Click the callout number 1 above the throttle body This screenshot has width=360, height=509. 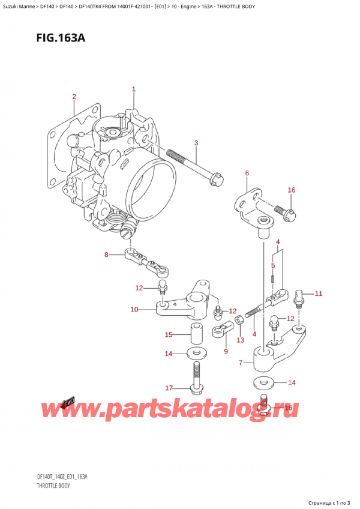134,89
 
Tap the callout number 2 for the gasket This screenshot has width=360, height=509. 74,97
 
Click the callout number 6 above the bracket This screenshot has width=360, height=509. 247,173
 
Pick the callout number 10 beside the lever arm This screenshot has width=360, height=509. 134,310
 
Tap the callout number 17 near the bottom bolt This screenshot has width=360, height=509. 169,387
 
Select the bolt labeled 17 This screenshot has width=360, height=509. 196,379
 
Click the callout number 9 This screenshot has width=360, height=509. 226,351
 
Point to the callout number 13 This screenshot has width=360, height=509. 241,340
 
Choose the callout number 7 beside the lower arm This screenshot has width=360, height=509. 241,363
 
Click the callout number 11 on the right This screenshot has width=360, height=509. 318,294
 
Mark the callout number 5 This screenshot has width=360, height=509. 274,265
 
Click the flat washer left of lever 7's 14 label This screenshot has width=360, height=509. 262,382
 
